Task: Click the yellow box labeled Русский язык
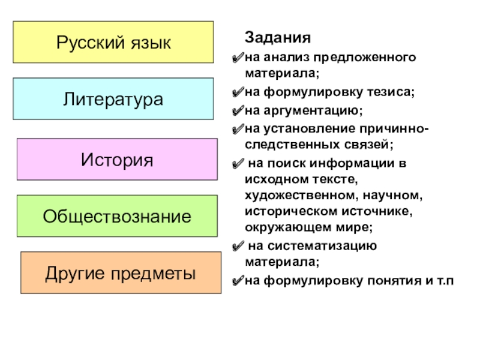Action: (x=113, y=43)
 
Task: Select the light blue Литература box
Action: (x=113, y=99)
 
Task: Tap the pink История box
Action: (x=117, y=160)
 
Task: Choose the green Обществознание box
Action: (x=117, y=216)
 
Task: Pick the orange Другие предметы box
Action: (x=121, y=274)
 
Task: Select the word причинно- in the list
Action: (x=394, y=128)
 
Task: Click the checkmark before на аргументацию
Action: (x=238, y=112)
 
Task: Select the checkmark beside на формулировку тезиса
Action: (x=238, y=94)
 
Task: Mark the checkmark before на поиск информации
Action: (x=238, y=164)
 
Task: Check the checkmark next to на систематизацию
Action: (x=238, y=247)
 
